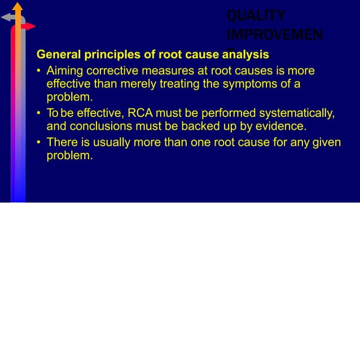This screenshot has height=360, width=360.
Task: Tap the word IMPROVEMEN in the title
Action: point(275,35)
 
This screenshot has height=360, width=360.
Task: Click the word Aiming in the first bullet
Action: point(64,71)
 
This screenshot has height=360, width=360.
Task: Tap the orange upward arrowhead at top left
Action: point(18,6)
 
